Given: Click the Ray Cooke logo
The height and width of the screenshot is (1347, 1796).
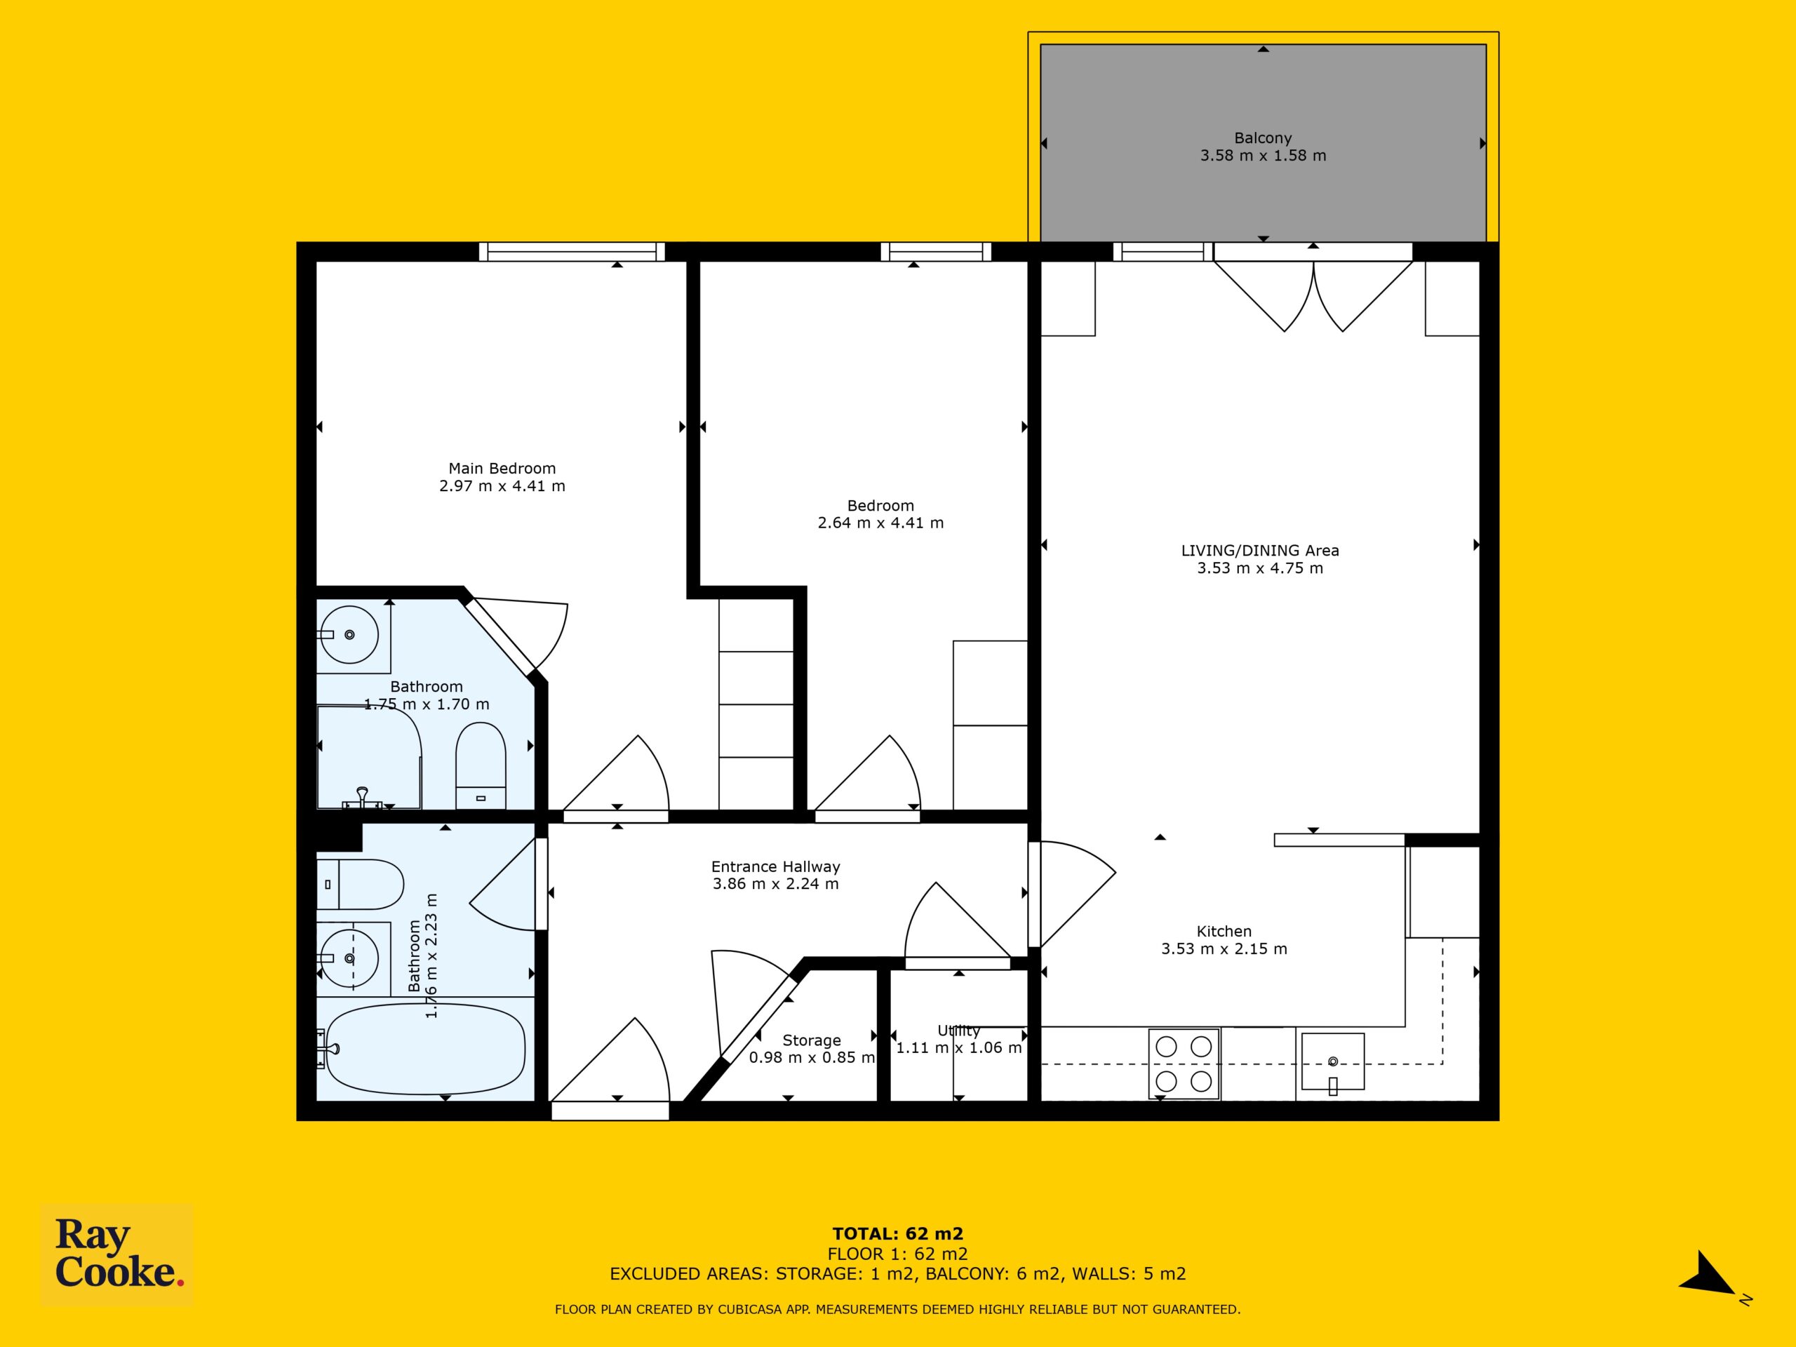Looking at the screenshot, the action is (x=117, y=1254).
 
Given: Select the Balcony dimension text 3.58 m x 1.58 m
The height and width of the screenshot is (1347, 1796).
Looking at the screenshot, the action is (x=1264, y=156).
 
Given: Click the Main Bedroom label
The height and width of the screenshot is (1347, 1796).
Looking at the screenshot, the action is (x=502, y=469).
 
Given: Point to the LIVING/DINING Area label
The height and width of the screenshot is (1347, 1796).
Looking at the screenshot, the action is (x=1260, y=551).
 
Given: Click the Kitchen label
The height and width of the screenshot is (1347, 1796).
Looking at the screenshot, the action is (x=1224, y=931).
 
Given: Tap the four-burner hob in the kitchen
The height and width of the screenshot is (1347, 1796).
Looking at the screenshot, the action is (x=1184, y=1064).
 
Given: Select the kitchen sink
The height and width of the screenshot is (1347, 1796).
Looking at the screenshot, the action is (x=1332, y=1061).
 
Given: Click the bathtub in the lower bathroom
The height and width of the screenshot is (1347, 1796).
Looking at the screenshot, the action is (x=422, y=1048).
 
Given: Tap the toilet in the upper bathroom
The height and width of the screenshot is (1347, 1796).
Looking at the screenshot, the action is (x=481, y=765).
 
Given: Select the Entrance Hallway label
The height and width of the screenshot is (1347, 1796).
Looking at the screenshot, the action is (x=775, y=866).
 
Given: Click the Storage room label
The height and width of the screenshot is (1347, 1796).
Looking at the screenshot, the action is (x=811, y=1040).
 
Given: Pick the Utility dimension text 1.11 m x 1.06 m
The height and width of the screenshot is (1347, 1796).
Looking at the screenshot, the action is (x=959, y=1048).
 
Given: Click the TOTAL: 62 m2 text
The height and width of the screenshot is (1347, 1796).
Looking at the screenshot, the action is (x=897, y=1235).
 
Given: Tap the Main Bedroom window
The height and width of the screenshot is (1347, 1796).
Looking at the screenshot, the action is (x=572, y=252).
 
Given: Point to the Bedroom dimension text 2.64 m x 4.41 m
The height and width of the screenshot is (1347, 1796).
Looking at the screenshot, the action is (x=880, y=523).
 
